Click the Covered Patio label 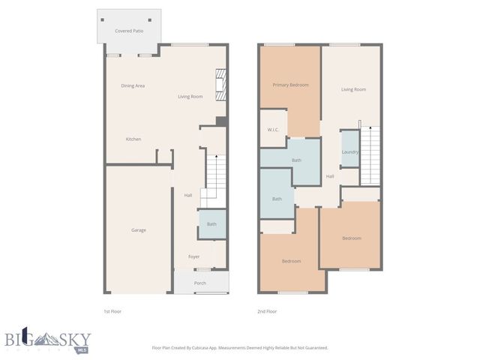pos(128,31)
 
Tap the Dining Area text pos(133,85)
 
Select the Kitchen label pos(133,139)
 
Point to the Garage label pos(138,229)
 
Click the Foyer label pos(193,256)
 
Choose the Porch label pos(200,283)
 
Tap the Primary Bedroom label pos(290,85)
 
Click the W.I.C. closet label pos(273,130)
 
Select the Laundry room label pos(349,152)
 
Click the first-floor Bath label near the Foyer pos(211,223)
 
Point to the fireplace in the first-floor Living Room pos(220,85)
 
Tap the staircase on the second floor pos(370,154)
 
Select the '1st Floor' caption pos(112,310)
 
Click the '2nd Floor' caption pos(267,310)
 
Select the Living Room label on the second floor pos(353,89)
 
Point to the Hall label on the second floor pos(330,176)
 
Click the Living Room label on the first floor pos(190,97)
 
